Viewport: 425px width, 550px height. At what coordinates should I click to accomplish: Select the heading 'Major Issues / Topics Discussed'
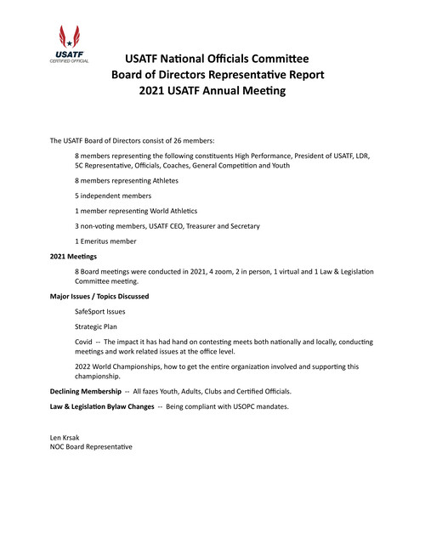(100, 296)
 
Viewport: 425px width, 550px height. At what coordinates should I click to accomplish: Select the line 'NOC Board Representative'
(92, 446)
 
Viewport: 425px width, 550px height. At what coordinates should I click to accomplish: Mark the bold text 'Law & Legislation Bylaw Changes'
(101, 407)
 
